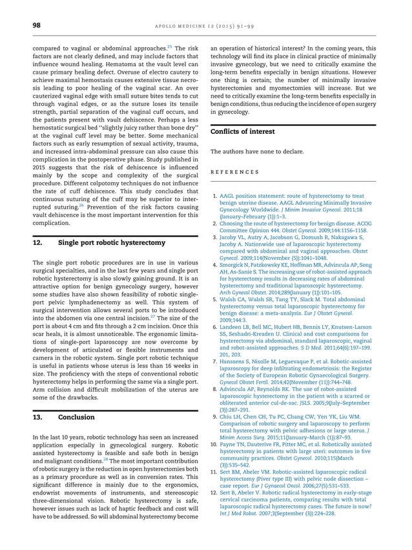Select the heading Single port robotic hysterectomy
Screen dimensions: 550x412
(112, 243)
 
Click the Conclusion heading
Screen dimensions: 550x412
(76, 418)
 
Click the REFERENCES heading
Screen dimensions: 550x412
(234, 171)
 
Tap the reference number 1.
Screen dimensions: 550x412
(214, 195)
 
